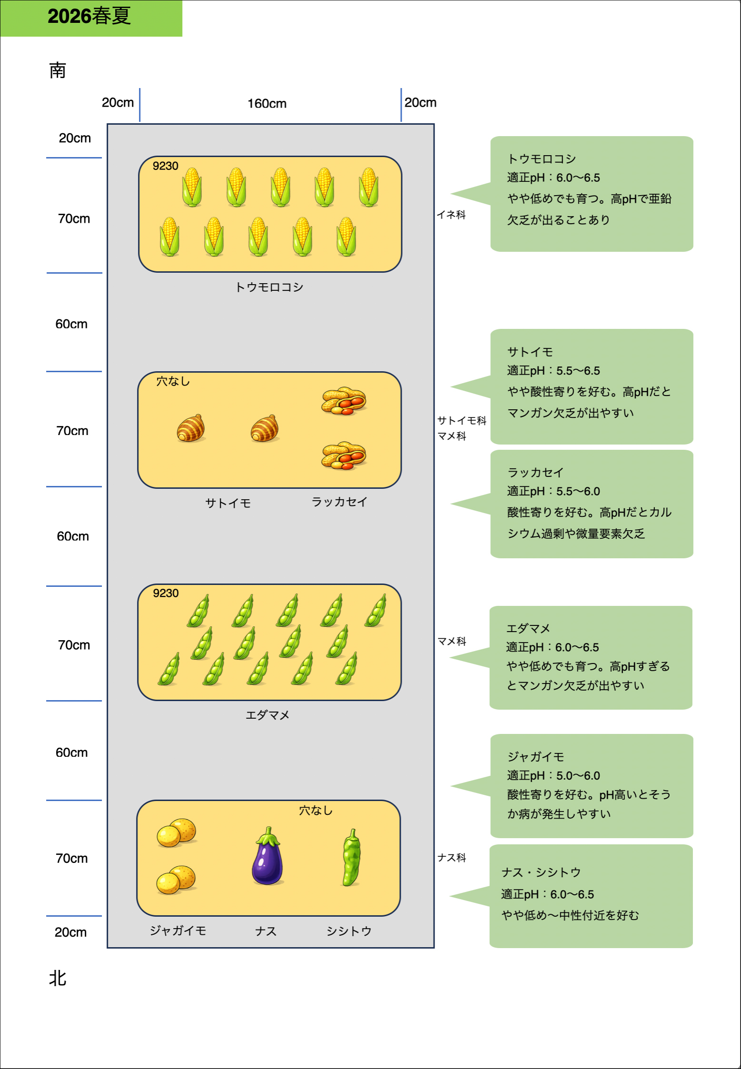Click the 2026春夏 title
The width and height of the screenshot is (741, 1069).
pos(89,17)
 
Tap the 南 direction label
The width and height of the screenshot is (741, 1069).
pos(58,70)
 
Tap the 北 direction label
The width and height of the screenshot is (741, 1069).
pos(58,979)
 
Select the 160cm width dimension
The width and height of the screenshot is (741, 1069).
pos(267,103)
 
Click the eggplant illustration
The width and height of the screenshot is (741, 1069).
pos(268,857)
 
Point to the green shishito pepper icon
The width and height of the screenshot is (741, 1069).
pos(351,858)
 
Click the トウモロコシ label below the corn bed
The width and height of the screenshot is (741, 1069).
pos(269,287)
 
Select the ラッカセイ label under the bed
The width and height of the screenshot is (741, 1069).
pos(339,502)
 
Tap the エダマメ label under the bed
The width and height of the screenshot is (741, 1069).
pos(267,715)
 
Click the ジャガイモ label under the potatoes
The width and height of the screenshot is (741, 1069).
pos(178,930)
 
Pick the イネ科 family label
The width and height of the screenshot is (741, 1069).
pos(451,215)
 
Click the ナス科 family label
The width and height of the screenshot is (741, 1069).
pos(452,858)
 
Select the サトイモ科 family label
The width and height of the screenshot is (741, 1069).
pos(462,420)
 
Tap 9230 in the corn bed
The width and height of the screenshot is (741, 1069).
pos(166,166)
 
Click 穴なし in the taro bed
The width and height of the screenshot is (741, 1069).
pos(173,381)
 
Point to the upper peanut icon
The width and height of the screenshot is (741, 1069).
pos(344,401)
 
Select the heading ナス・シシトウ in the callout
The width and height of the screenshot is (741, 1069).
pos(541,872)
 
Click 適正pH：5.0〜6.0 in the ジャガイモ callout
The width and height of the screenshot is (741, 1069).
pos(553,775)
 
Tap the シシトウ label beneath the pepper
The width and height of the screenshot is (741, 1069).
pos(349,931)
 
